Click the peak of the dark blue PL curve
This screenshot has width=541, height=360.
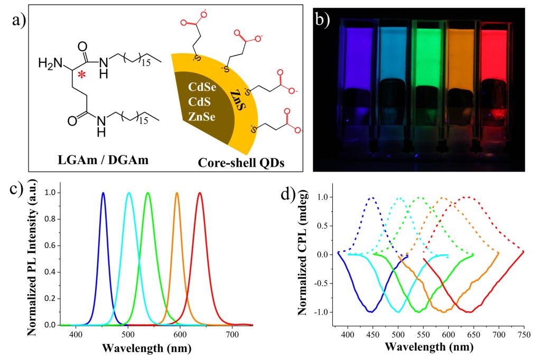pos(103,193)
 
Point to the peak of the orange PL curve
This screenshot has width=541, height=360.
pos(177,193)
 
